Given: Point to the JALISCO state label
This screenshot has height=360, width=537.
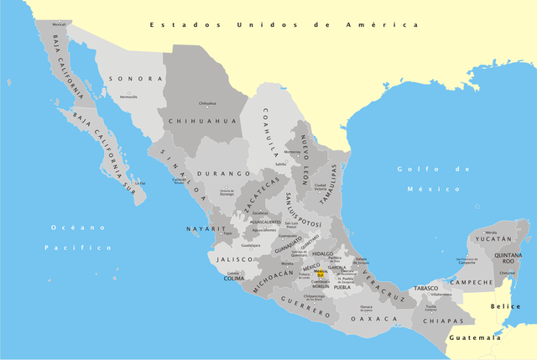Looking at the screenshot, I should [234, 260].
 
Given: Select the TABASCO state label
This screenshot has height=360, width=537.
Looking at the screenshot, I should [427, 289].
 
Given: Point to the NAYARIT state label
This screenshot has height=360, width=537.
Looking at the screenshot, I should [206, 229].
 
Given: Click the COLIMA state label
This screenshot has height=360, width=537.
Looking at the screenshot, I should [235, 279].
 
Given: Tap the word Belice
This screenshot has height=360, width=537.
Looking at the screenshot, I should [506, 307].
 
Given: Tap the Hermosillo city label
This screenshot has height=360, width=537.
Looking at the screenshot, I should [128, 97].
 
